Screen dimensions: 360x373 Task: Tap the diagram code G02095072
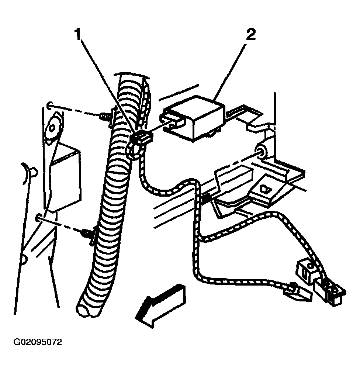[x=38, y=342]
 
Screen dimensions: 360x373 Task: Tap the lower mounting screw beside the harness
[x=87, y=233]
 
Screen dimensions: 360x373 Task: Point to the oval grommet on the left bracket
[x=54, y=128]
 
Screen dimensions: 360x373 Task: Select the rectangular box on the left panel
[x=65, y=177]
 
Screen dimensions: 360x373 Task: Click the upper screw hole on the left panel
[x=49, y=105]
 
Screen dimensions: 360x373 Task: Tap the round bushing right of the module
[x=261, y=151]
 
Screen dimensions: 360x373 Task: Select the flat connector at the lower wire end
[x=298, y=293]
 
